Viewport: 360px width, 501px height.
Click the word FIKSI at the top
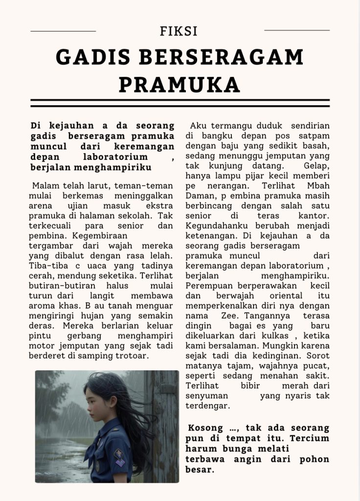179,31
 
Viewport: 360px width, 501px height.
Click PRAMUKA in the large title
180,85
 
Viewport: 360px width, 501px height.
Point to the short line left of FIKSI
63,31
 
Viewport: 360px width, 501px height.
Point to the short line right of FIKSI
297,30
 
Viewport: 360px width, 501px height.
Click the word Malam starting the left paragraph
45,186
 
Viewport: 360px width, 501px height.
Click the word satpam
315,136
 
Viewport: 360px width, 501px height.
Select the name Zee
226,316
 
